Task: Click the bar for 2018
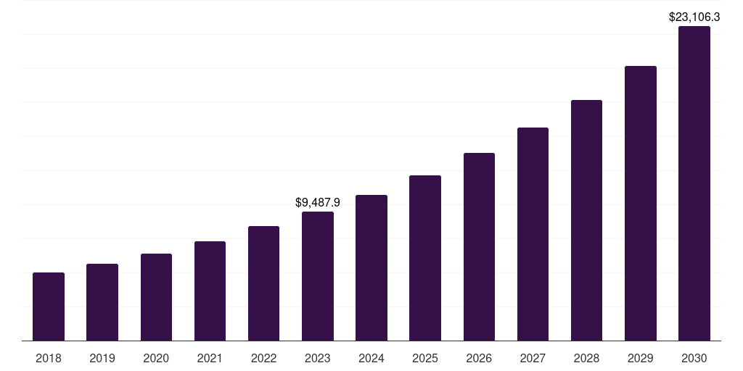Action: pyautogui.click(x=49, y=307)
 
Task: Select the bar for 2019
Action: pyautogui.click(x=102, y=302)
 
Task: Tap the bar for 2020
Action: pyautogui.click(x=156, y=297)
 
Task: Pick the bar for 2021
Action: pyautogui.click(x=210, y=291)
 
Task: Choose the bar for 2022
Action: pyautogui.click(x=263, y=283)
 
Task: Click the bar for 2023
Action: pyautogui.click(x=318, y=276)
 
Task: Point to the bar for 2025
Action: pyautogui.click(x=425, y=258)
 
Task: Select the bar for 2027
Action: pyautogui.click(x=533, y=234)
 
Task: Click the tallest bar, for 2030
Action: pyautogui.click(x=694, y=183)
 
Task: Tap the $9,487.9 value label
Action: pyautogui.click(x=318, y=203)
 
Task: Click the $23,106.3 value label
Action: pyautogui.click(x=694, y=17)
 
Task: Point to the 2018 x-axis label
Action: pyautogui.click(x=49, y=358)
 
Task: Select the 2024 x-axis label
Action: pyautogui.click(x=371, y=358)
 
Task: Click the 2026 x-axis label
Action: pyautogui.click(x=479, y=358)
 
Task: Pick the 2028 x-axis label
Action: pyautogui.click(x=586, y=358)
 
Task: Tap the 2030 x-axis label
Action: pyautogui.click(x=694, y=358)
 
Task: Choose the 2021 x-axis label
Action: pyautogui.click(x=210, y=358)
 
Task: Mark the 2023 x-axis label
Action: pyautogui.click(x=318, y=358)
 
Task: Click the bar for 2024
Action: pyautogui.click(x=371, y=268)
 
